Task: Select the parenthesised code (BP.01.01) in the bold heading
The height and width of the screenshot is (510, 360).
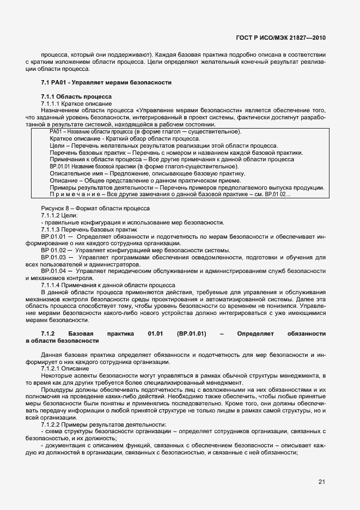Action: (191, 333)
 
